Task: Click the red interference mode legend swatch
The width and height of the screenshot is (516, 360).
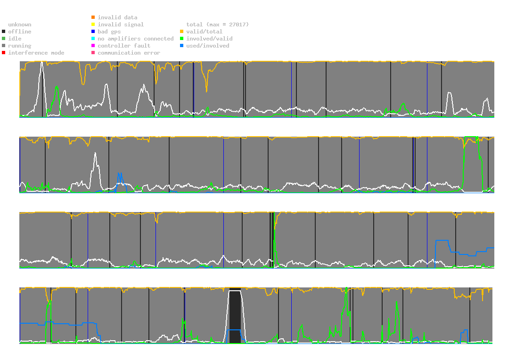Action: pos(3,53)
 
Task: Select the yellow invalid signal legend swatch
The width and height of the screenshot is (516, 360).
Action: pos(93,25)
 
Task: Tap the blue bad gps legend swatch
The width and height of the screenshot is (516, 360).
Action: pos(93,32)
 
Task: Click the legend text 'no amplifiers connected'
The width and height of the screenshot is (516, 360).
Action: pos(136,39)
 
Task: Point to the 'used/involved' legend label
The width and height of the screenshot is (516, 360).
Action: pos(208,46)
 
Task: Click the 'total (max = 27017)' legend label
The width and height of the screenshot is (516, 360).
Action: pos(217,25)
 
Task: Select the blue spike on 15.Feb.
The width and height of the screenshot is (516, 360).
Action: pos(120,174)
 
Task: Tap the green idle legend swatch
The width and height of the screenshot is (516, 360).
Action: pos(3,39)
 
